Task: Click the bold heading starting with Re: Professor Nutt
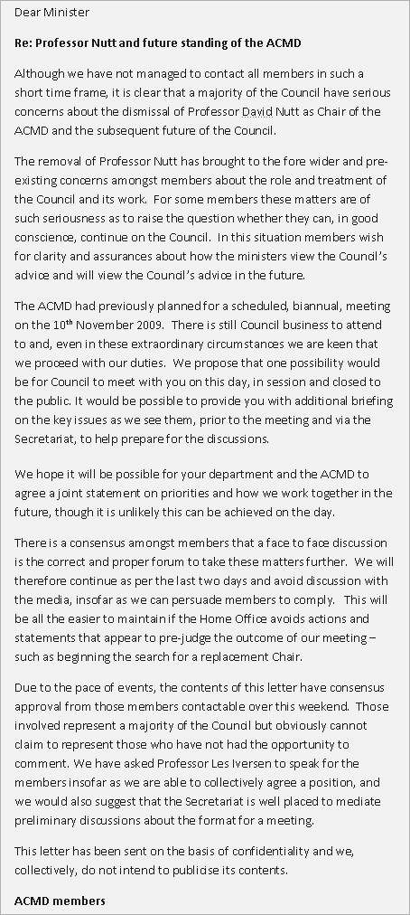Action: tap(158, 42)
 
